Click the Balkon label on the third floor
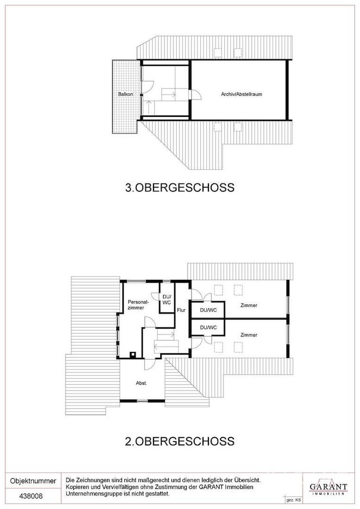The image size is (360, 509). [x=126, y=94]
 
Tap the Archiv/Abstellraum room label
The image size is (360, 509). [x=242, y=94]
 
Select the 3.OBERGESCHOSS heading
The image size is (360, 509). [x=180, y=188]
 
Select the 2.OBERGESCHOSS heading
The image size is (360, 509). [x=180, y=441]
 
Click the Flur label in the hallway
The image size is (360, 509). [x=181, y=310]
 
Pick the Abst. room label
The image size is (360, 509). [x=141, y=383]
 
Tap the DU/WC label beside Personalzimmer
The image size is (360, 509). [x=166, y=300]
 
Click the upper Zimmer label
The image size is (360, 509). [x=249, y=305]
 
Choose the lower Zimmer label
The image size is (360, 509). [x=249, y=335]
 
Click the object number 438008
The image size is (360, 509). [x=31, y=496]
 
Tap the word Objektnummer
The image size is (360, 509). [x=33, y=481]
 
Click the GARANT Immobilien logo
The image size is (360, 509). [x=328, y=487]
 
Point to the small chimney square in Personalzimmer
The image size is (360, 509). [x=133, y=354]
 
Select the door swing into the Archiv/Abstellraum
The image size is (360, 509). [x=196, y=94]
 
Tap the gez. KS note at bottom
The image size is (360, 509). [x=292, y=501]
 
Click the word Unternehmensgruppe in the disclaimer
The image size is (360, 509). [x=91, y=494]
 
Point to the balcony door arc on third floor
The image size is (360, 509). [x=147, y=86]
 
